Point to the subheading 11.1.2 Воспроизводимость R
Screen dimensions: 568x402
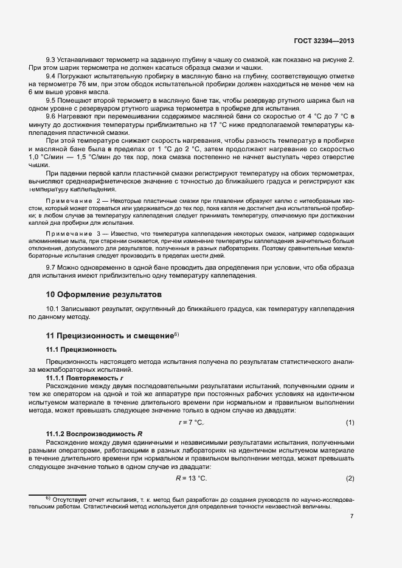94,433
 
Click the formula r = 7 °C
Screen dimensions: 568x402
192,422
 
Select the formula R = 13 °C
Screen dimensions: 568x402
192,478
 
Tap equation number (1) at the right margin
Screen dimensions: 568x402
350,422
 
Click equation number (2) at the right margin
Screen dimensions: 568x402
350,478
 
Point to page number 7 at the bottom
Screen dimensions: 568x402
352,516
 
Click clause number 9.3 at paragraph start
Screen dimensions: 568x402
51,58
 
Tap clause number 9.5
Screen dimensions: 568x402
51,100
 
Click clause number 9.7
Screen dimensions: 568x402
51,268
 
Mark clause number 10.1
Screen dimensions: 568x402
54,309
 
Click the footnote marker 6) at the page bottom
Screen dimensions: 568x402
49,498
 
